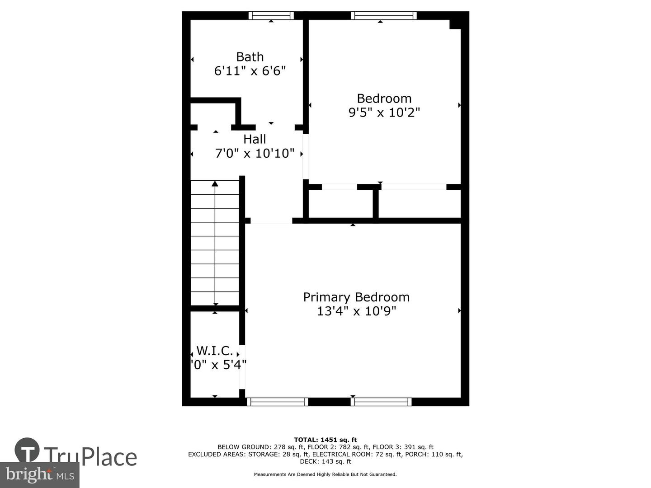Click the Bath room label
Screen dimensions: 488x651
[250, 57]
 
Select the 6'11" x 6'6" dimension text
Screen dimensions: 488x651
[250, 71]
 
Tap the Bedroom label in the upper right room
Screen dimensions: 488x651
[384, 99]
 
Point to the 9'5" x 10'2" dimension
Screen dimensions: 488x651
[384, 113]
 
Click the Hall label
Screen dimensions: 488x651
[255, 139]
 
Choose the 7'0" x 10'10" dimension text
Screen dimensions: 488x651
[255, 153]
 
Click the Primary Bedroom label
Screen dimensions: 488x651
[356, 297]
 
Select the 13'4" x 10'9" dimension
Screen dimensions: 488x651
[356, 311]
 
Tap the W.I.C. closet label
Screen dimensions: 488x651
[215, 351]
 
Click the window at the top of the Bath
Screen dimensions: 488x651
[271, 16]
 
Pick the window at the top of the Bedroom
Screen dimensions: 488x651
[383, 16]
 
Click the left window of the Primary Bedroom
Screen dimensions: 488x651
[277, 402]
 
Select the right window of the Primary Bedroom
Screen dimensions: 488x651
[381, 402]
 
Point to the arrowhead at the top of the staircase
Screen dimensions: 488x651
[215, 183]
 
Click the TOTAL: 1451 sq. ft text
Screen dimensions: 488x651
[325, 440]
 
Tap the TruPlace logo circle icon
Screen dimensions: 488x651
[27, 450]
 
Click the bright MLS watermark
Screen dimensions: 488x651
[39, 474]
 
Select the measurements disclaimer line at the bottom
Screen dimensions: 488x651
[325, 474]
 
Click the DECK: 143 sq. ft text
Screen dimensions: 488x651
[325, 461]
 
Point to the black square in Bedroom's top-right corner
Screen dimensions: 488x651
[455, 23]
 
